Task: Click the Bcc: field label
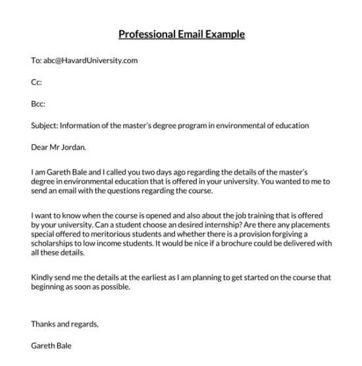38,104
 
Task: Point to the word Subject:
45,126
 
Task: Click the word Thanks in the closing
44,323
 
